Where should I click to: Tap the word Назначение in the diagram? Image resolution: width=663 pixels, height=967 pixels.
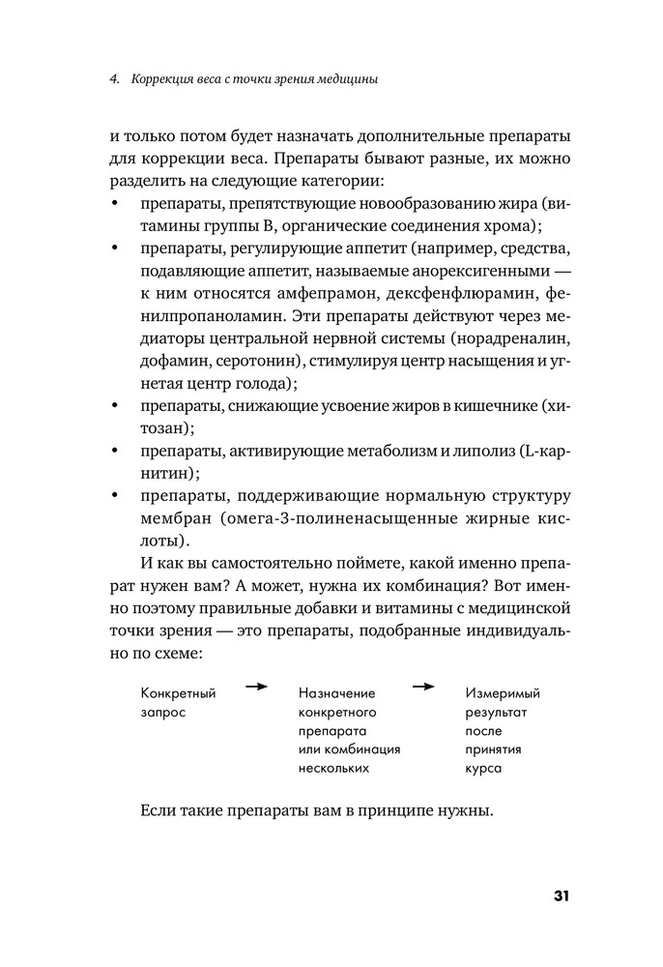tap(336, 693)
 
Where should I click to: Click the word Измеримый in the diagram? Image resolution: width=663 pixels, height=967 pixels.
tap(503, 693)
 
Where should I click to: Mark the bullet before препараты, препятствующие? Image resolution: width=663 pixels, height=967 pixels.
tap(116, 203)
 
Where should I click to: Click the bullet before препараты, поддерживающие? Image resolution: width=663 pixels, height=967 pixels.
tap(116, 496)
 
